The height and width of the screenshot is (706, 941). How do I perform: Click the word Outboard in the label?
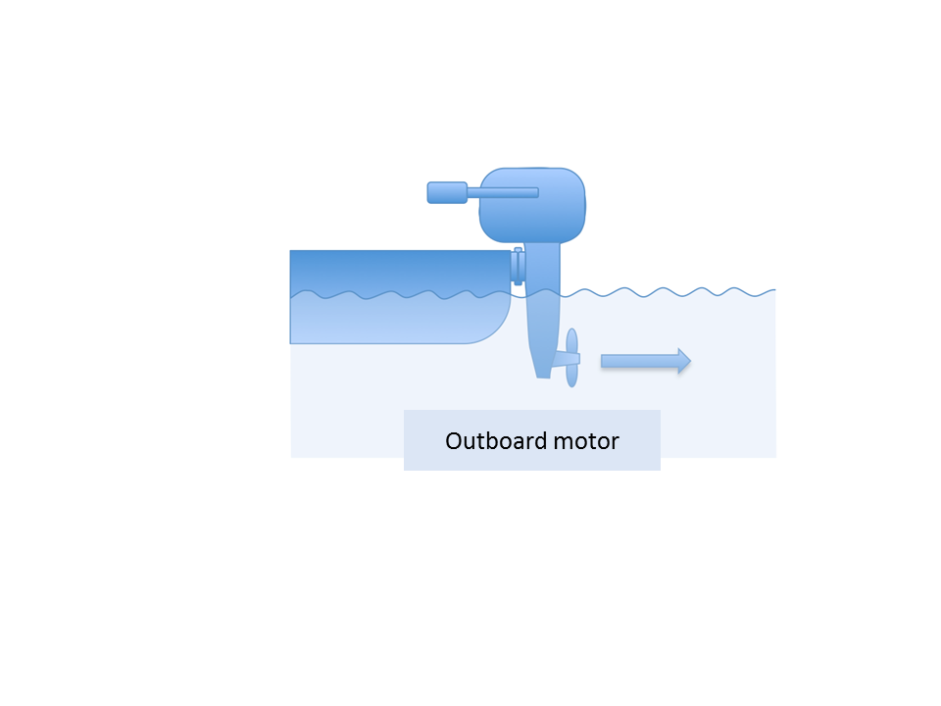496,440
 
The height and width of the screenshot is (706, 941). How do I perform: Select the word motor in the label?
586,441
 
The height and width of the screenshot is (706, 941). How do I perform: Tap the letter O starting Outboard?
454,441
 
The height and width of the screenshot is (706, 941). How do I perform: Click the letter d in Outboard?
539,440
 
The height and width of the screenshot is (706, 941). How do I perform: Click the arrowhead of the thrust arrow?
684,361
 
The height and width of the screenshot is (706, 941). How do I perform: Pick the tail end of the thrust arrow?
601,361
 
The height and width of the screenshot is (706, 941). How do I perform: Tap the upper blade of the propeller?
571,341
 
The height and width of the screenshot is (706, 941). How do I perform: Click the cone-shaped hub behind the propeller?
566,359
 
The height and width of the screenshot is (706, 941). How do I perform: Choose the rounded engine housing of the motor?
532,205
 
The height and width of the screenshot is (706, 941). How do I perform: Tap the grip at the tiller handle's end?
447,193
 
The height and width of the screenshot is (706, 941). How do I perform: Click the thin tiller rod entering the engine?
503,193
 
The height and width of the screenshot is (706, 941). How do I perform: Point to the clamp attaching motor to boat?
518,266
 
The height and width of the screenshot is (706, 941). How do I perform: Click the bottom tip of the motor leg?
543,378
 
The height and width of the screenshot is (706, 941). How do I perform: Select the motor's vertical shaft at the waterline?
542,293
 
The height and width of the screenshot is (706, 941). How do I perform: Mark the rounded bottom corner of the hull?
496,330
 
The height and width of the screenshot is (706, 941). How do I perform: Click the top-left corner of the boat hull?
290,251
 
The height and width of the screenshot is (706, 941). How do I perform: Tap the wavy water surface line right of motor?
668,292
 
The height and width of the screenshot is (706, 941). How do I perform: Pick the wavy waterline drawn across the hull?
400,294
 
